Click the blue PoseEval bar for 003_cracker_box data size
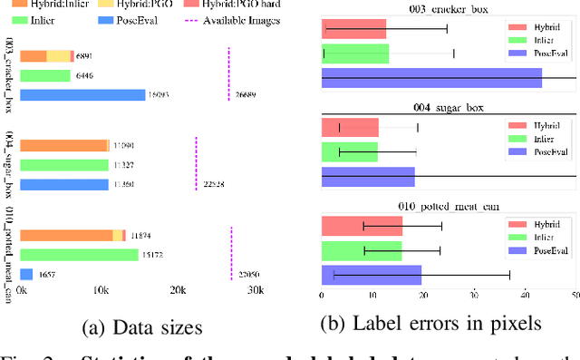click(82, 94)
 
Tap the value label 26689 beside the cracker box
click(246, 94)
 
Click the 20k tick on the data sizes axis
click(178, 290)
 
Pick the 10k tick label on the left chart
click(99, 290)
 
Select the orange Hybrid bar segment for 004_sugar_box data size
click(63, 145)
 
